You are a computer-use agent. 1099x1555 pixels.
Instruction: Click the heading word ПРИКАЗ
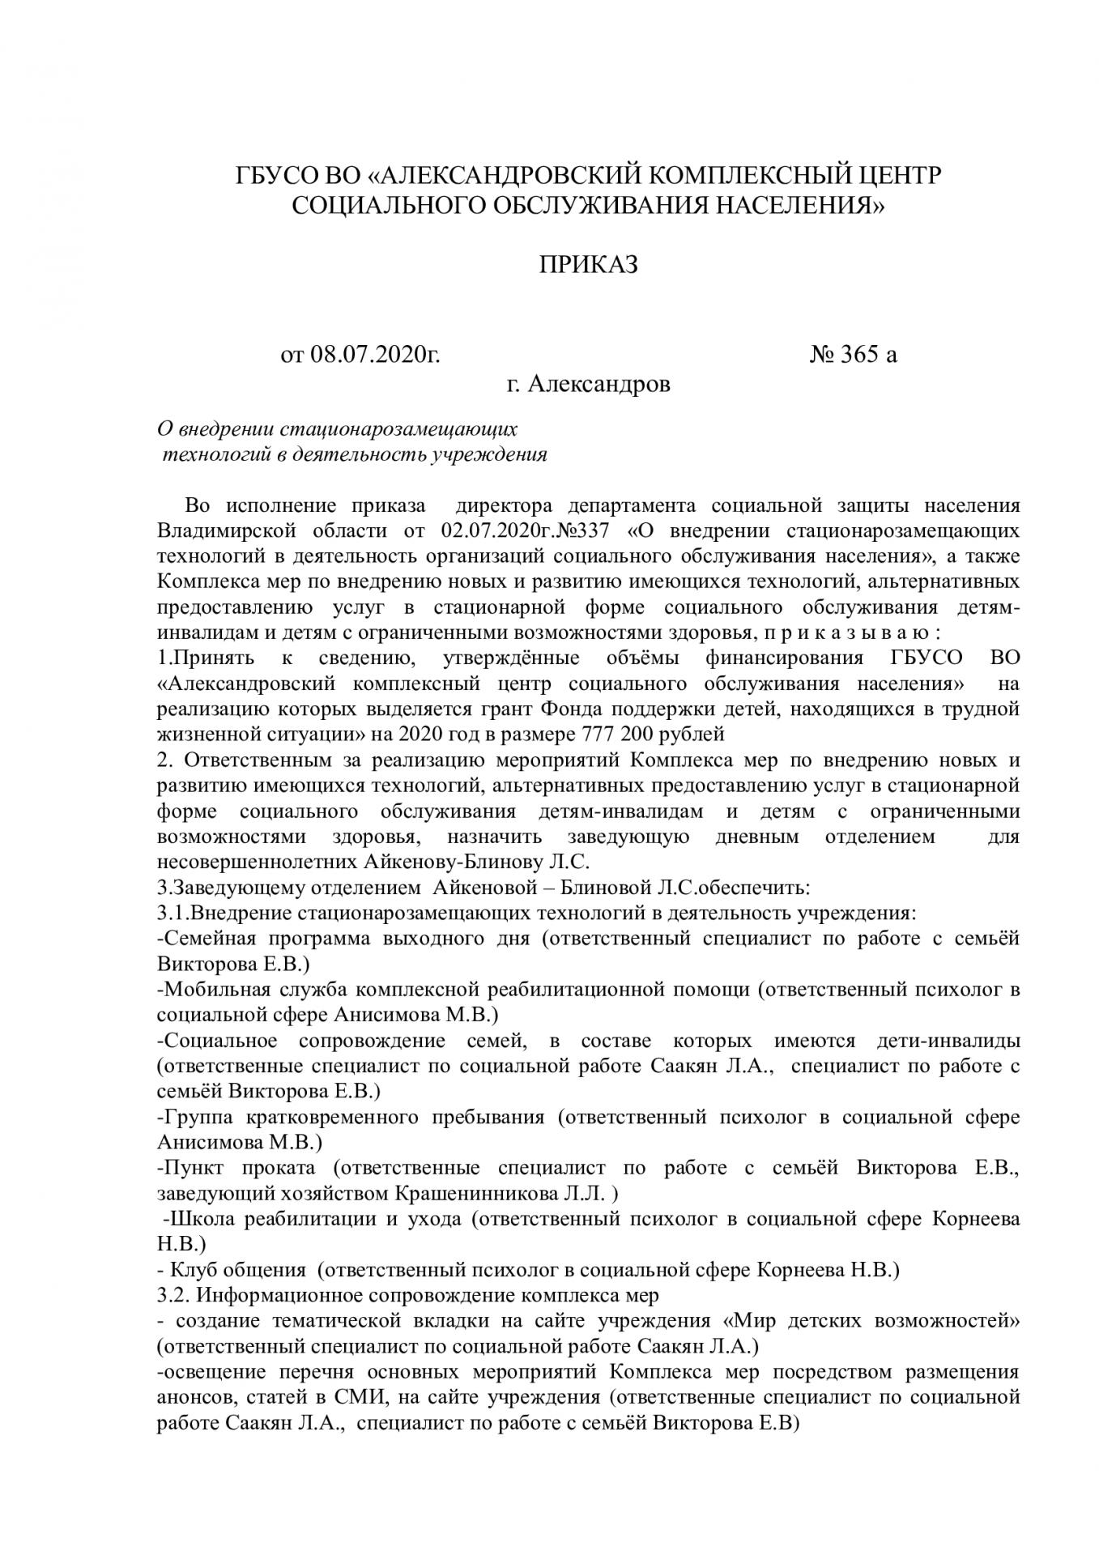589,264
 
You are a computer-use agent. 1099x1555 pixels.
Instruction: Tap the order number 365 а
868,355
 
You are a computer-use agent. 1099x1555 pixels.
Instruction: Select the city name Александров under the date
598,384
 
